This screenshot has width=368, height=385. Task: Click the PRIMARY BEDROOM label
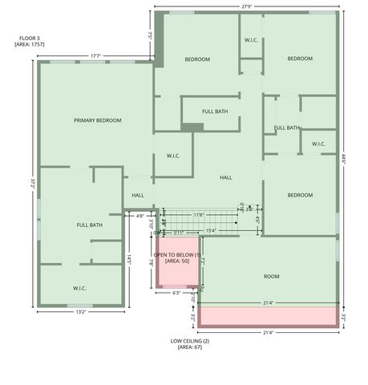[x=97, y=120]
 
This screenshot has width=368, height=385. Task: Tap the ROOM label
[x=272, y=276]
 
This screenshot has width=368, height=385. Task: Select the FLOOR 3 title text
[x=26, y=38]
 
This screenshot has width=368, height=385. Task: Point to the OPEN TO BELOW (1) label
[x=177, y=254]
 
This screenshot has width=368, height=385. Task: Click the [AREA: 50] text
[x=177, y=261]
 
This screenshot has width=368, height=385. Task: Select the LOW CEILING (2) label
[x=190, y=341]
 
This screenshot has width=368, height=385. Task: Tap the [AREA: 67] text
[x=190, y=348]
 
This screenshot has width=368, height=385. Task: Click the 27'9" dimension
[x=246, y=7]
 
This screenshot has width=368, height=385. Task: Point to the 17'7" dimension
[x=95, y=55]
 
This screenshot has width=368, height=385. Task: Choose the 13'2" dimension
[x=81, y=311]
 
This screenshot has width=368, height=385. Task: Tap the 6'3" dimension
[x=177, y=293]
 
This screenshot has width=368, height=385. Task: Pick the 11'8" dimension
[x=200, y=214]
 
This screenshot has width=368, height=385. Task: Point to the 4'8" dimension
[x=140, y=215]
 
